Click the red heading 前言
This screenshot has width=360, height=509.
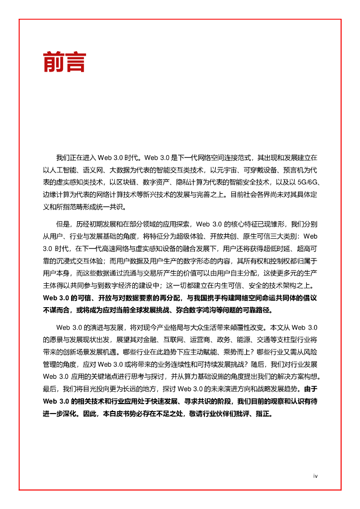click(65, 62)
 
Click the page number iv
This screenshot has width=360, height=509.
click(315, 476)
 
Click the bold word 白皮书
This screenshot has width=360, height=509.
click(112, 414)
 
